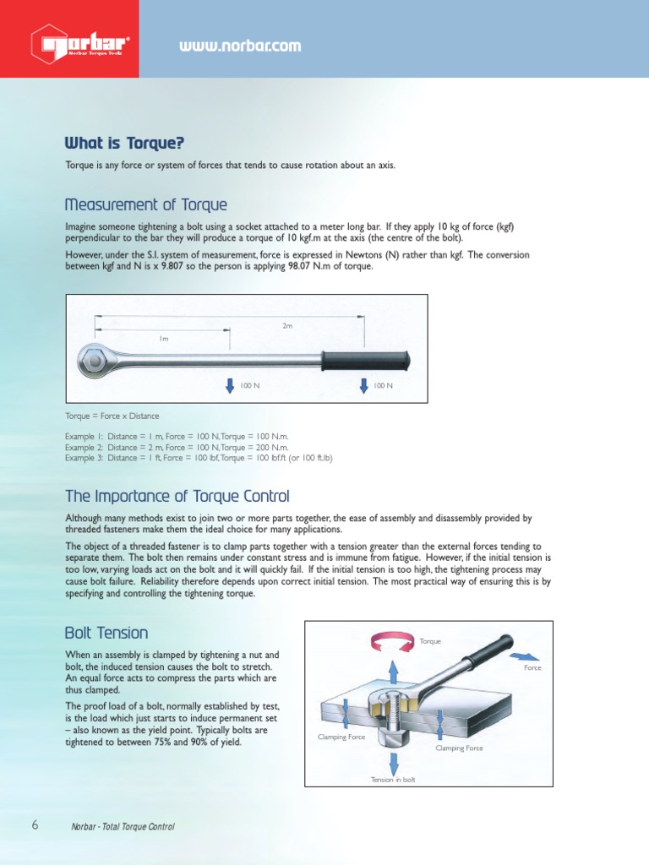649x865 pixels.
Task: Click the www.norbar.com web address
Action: click(x=239, y=46)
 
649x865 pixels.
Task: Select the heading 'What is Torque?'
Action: click(x=124, y=142)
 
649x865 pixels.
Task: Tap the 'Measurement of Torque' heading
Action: click(x=145, y=205)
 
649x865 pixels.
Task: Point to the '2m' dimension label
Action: click(x=287, y=325)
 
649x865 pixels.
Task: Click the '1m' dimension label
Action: click(x=164, y=338)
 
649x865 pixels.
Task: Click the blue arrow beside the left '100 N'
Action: click(x=230, y=385)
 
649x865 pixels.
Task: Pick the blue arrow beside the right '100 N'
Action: click(x=364, y=385)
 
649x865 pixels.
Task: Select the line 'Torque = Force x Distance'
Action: click(x=112, y=416)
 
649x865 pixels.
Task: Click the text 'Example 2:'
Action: click(x=83, y=447)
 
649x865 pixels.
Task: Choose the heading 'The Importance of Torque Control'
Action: click(x=177, y=496)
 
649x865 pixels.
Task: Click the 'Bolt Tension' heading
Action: click(x=106, y=633)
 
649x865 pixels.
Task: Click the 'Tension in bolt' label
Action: click(x=393, y=780)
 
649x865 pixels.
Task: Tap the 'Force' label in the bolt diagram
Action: click(x=532, y=668)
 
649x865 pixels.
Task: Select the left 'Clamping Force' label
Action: click(x=341, y=737)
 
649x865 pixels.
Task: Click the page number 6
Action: click(x=35, y=825)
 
